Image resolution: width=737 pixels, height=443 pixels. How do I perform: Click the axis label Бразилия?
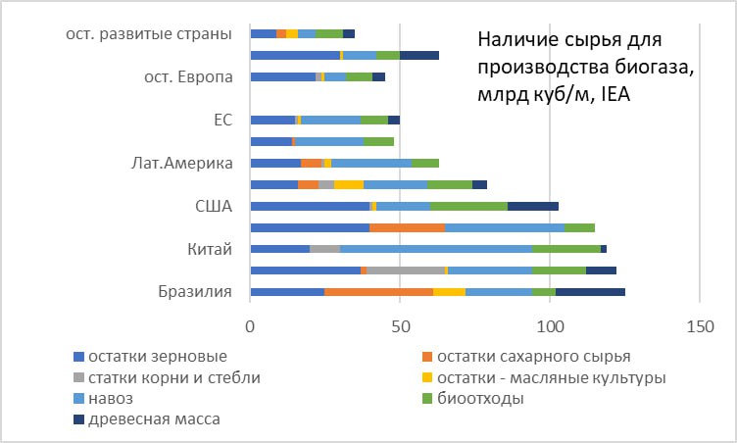pyautogui.click(x=195, y=291)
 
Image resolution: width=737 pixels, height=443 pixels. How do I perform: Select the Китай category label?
pyautogui.click(x=210, y=249)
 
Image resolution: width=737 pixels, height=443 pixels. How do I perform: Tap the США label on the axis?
pyautogui.click(x=214, y=206)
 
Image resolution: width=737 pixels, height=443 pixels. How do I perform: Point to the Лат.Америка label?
pyautogui.click(x=182, y=164)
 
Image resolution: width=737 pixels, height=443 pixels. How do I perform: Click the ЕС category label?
pyautogui.click(x=223, y=120)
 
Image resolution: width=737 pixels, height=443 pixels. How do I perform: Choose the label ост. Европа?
pyautogui.click(x=188, y=77)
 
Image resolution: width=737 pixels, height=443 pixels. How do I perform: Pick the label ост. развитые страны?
pyautogui.click(x=149, y=34)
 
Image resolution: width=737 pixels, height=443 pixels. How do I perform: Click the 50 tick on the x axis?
pyautogui.click(x=400, y=326)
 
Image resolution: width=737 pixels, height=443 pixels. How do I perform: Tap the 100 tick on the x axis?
pyautogui.click(x=550, y=326)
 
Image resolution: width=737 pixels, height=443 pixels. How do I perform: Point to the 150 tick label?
pyautogui.click(x=700, y=326)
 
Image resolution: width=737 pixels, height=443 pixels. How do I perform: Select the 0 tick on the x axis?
pyautogui.click(x=250, y=326)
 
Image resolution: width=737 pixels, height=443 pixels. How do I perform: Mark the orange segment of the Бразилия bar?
pyautogui.click(x=379, y=292)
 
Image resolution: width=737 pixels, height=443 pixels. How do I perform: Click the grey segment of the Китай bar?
pyautogui.click(x=324, y=249)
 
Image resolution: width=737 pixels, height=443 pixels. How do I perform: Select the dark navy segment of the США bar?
pyautogui.click(x=533, y=206)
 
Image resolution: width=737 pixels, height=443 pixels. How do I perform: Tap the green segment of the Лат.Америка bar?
pyautogui.click(x=425, y=164)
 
